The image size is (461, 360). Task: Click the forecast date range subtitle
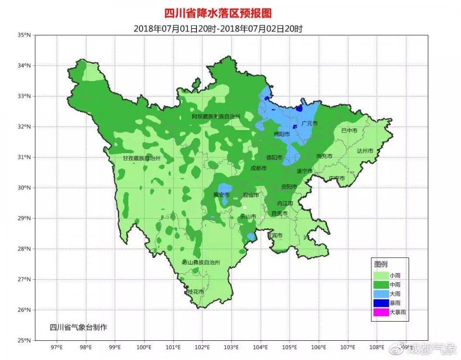tap(218, 29)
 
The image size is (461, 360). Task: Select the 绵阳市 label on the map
tap(282, 134)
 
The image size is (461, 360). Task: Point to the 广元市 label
tap(310, 123)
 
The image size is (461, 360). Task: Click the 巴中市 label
tap(350, 131)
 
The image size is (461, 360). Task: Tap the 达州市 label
tap(365, 150)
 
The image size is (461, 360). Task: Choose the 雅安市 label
tap(221, 195)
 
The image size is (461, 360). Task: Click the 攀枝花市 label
tap(195, 292)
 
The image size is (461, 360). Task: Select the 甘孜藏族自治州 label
tap(141, 158)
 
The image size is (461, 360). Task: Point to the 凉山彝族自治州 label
tap(201, 263)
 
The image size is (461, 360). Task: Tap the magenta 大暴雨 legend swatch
tap(381, 312)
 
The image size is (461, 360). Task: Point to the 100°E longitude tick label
tap(144, 347)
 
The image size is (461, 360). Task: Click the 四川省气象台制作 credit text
tap(78, 327)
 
